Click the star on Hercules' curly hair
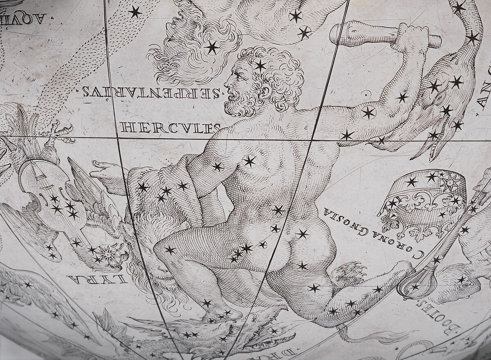[x=260, y=65]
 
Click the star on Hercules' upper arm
[x=368, y=112]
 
